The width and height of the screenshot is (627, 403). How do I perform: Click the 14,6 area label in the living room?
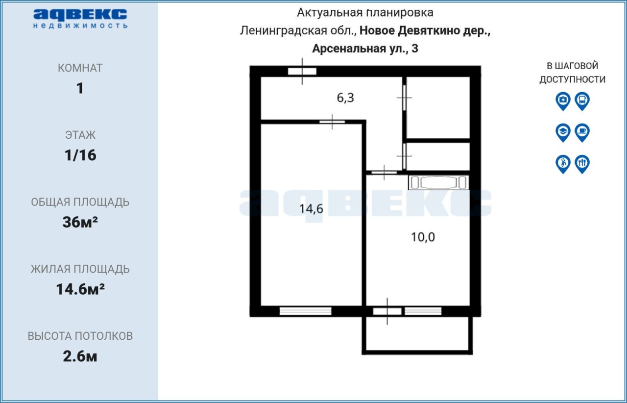click(311, 209)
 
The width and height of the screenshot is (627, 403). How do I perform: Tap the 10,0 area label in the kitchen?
click(423, 237)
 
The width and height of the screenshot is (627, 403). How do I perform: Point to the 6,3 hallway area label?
click(345, 98)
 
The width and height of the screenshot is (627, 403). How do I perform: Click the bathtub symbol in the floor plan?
click(438, 183)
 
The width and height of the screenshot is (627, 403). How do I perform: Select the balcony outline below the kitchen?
click(417, 353)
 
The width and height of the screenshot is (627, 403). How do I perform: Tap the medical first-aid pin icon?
click(563, 101)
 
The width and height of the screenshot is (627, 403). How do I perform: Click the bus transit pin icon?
click(582, 101)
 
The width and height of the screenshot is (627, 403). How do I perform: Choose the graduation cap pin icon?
click(563, 132)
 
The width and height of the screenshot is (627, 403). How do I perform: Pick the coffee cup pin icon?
click(582, 132)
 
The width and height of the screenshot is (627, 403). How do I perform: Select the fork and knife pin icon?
click(582, 164)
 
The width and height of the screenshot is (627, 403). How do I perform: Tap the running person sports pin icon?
click(563, 164)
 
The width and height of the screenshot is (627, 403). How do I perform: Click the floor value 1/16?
click(80, 155)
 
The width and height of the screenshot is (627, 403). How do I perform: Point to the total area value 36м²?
click(80, 222)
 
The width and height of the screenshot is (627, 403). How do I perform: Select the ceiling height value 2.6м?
click(80, 356)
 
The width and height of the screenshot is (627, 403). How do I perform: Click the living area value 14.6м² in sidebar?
click(80, 289)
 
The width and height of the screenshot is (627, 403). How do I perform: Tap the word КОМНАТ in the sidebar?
click(80, 68)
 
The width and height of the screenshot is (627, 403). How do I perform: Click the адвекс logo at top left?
click(80, 19)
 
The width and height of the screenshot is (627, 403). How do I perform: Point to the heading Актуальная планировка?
click(365, 13)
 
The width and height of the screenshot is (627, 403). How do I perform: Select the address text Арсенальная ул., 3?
click(365, 49)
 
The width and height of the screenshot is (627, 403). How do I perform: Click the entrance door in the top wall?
click(302, 71)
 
